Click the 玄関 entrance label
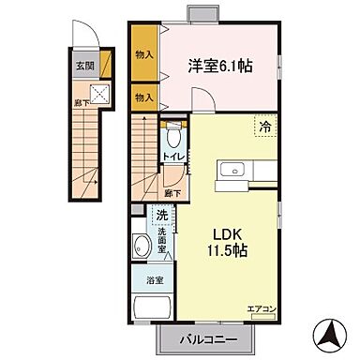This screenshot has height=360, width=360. [x=85, y=67]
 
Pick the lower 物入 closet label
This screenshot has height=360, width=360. [x=143, y=97]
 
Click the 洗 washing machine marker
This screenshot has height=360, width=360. [x=162, y=216]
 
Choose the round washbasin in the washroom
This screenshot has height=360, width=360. [x=141, y=248]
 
